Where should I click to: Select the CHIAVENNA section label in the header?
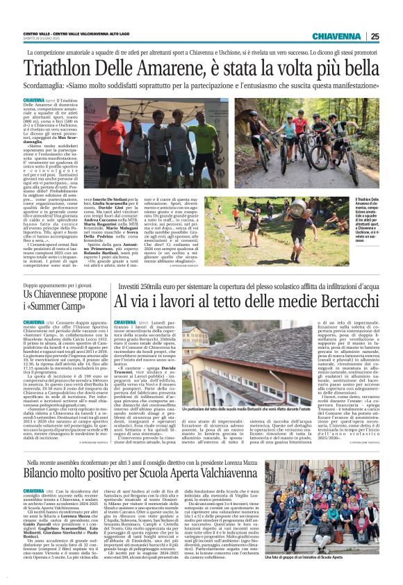337,37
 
